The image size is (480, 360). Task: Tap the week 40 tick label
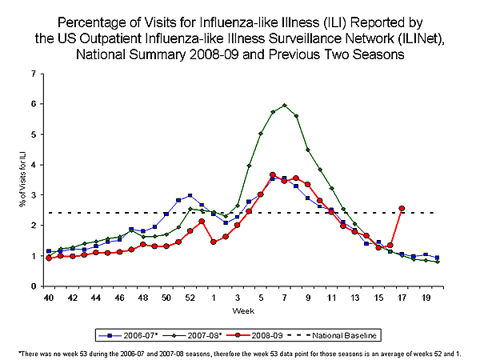point(49,297)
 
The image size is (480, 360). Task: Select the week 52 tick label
point(190,297)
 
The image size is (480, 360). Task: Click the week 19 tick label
point(425,297)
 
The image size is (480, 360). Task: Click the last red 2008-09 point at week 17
point(402,208)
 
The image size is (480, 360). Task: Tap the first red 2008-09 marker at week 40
point(49,258)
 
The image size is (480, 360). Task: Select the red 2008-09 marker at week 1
point(214,242)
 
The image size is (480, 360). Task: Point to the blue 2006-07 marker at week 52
point(190,195)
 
